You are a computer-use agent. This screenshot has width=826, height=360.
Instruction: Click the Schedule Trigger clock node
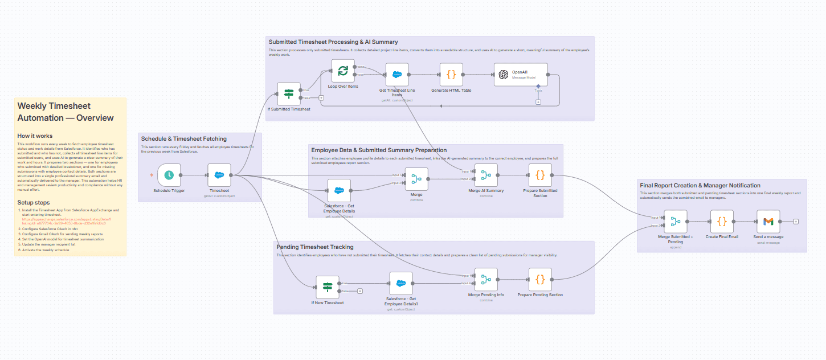pos(169,175)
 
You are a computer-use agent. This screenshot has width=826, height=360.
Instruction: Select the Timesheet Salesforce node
pos(219,175)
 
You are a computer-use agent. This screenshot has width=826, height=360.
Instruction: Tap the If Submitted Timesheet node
pos(289,94)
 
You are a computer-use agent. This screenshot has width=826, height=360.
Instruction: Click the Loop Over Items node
pos(343,71)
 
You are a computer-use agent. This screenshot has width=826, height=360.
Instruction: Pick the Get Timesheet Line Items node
pos(397,74)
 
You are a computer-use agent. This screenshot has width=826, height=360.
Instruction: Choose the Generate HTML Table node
pos(451,74)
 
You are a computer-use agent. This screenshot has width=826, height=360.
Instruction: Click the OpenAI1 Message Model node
pos(520,75)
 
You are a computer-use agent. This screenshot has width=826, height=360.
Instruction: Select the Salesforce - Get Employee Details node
pos(339,191)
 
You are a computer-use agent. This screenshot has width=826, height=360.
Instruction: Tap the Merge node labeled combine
pos(416,179)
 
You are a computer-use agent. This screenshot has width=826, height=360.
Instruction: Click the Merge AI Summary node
pos(486,175)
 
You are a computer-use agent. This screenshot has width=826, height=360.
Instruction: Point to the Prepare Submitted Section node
pos(540,175)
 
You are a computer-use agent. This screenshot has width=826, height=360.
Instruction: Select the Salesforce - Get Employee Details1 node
pos(401,283)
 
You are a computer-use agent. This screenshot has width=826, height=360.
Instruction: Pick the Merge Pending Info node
pos(486,279)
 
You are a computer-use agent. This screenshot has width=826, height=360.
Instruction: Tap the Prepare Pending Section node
pos(540,279)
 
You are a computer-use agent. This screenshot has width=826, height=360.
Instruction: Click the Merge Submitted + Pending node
pos(676,221)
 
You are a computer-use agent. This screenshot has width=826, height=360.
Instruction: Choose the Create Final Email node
pos(722,221)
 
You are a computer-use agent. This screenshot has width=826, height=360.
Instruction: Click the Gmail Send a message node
pos(768,221)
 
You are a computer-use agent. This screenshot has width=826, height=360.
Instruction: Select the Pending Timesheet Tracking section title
pos(314,247)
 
